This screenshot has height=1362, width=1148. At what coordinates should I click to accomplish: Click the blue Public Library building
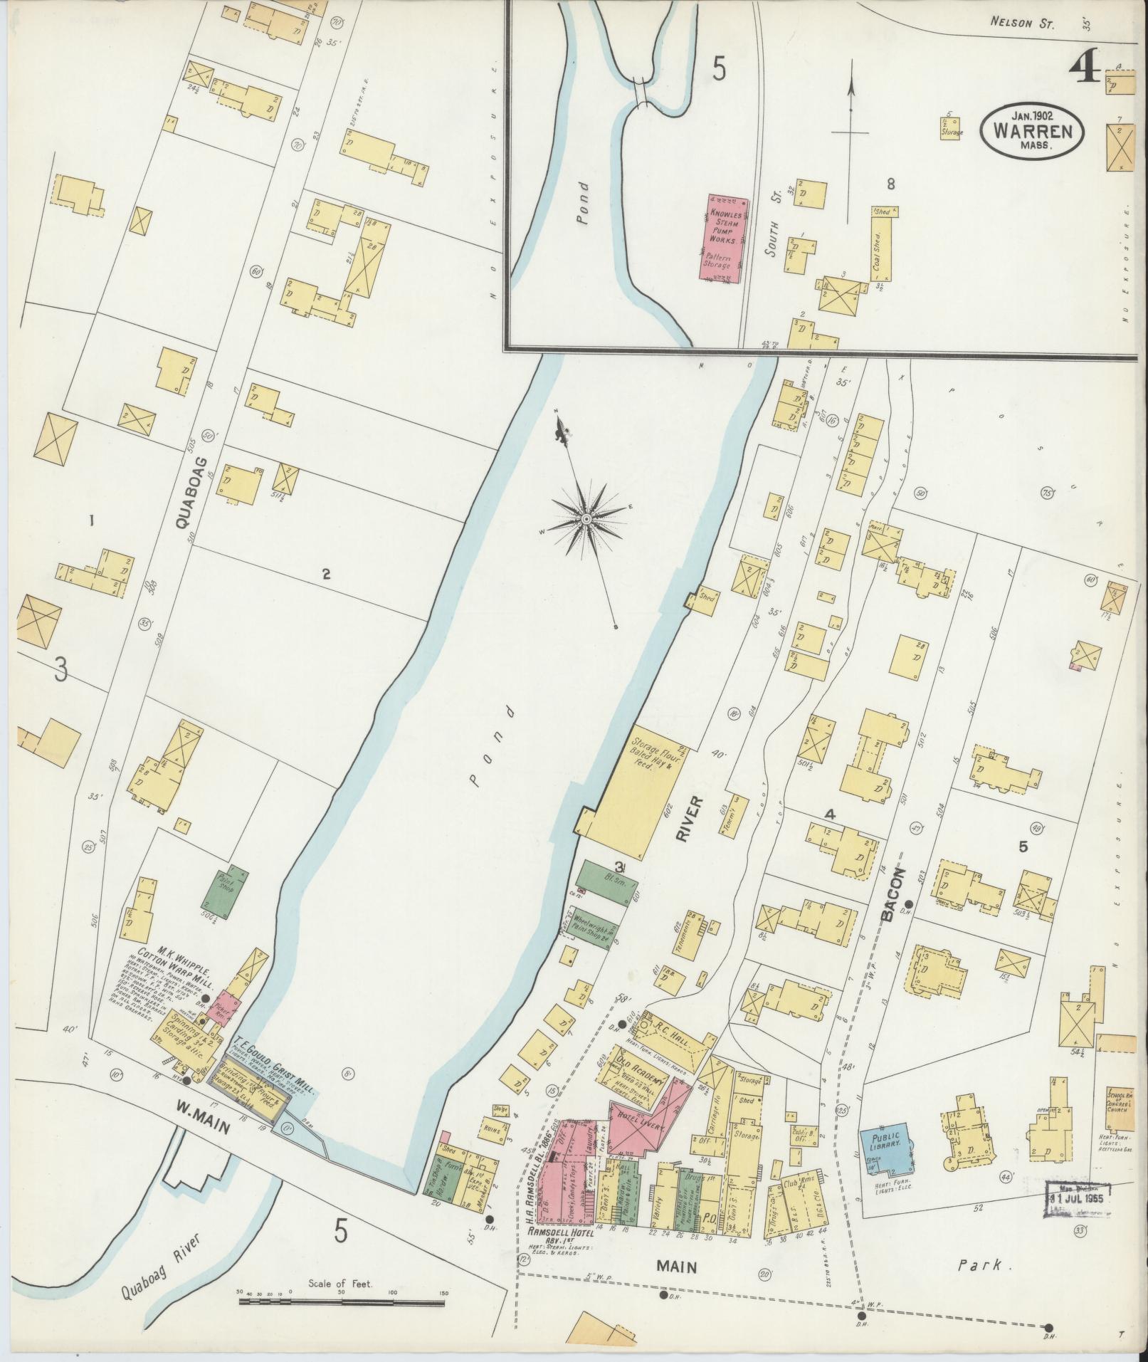coord(886,1153)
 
